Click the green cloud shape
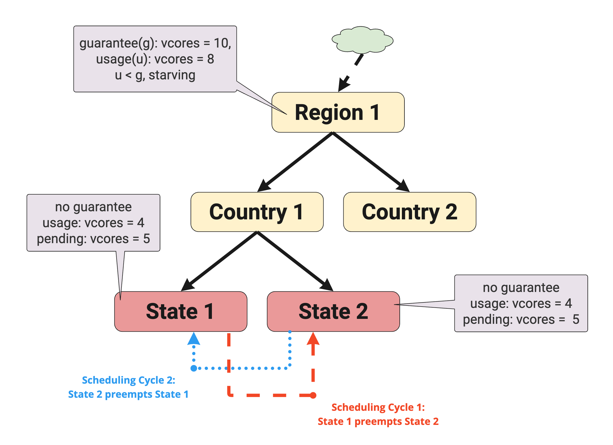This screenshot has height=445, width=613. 362,40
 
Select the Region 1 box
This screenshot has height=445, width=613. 338,112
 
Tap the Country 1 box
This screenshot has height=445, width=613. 257,212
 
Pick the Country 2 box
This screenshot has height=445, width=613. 409,212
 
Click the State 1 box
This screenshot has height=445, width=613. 181,312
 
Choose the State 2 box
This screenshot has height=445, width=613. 333,312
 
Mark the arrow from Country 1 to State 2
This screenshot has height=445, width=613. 294,261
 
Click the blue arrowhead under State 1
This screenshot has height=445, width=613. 194,339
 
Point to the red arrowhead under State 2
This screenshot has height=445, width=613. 313,339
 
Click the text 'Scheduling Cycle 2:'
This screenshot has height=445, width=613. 129,380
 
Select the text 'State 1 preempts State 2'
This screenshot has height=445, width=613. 378,421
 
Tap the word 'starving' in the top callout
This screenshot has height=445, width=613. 172,75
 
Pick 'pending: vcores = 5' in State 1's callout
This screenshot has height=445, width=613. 93,239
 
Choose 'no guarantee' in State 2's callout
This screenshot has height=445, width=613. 521,288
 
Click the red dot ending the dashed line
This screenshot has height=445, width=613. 313,396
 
